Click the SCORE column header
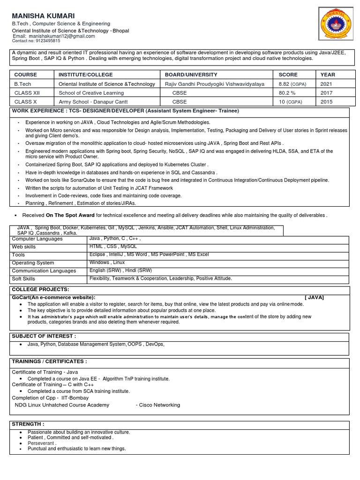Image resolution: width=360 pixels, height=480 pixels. [x=288, y=75]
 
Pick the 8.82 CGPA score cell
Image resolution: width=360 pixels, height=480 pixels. [x=290, y=84]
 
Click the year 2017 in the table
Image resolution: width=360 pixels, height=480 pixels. [x=326, y=93]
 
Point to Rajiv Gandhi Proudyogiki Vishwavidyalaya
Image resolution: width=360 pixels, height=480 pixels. [x=214, y=84]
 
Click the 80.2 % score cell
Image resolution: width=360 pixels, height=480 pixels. [x=288, y=93]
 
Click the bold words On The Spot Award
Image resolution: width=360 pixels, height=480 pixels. [x=70, y=216]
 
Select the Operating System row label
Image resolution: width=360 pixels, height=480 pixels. [x=33, y=263]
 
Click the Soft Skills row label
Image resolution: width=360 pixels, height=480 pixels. [x=23, y=279]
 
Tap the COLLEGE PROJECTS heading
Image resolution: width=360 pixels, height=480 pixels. [x=40, y=290]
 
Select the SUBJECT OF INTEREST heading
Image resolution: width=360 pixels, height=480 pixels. [x=44, y=336]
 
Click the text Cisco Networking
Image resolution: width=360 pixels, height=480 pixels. [x=157, y=405]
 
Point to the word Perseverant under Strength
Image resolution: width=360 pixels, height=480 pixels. [x=41, y=443]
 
